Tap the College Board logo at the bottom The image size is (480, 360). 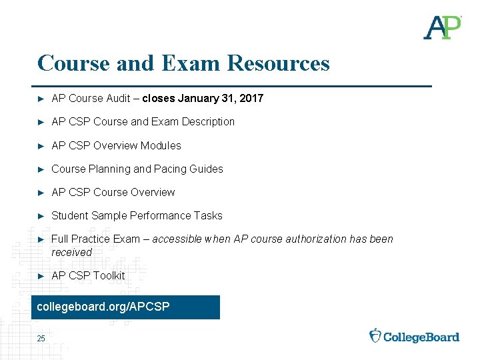click(x=414, y=336)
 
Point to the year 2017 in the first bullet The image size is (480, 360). click(x=251, y=99)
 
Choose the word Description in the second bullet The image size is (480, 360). click(x=207, y=122)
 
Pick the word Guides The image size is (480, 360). click(x=207, y=169)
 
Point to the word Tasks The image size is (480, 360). click(x=208, y=216)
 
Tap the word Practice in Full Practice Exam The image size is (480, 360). click(x=96, y=239)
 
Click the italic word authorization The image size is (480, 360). click(x=313, y=239)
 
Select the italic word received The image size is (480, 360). click(x=71, y=253)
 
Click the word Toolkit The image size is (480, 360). click(x=109, y=276)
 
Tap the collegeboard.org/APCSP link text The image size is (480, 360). click(x=103, y=307)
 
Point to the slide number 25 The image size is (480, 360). click(x=41, y=339)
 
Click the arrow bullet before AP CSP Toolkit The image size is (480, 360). click(x=41, y=276)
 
